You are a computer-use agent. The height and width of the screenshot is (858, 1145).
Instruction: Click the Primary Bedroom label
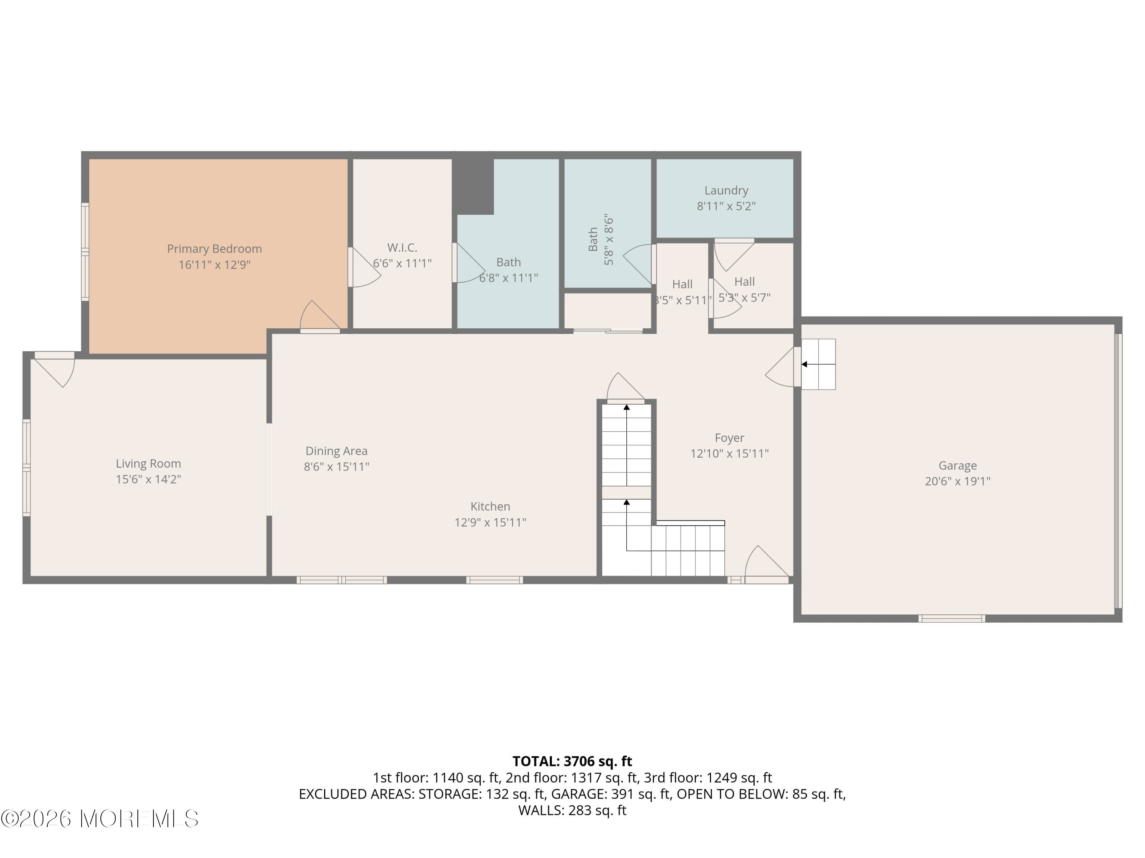coord(214,249)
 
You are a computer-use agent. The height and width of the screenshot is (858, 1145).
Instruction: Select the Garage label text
coord(957,466)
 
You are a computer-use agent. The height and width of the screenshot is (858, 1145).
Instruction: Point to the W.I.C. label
coord(402,248)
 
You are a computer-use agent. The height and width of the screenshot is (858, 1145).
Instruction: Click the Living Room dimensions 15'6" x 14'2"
coord(148,479)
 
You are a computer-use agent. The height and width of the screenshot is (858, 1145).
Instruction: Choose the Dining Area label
coord(337,451)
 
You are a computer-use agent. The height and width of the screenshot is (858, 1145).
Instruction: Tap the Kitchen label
coord(490,506)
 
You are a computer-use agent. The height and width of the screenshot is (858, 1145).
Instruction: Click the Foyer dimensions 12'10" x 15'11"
coord(729,453)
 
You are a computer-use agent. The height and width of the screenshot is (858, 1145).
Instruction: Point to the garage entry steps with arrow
coord(818,364)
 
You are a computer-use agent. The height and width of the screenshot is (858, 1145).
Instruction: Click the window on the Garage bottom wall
coord(951,618)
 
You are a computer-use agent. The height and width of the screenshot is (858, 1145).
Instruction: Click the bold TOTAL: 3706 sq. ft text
coord(572,761)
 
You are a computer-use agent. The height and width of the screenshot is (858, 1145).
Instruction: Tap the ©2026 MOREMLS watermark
coord(99,819)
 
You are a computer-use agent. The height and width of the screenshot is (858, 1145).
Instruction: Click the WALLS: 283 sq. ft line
coord(572,810)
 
